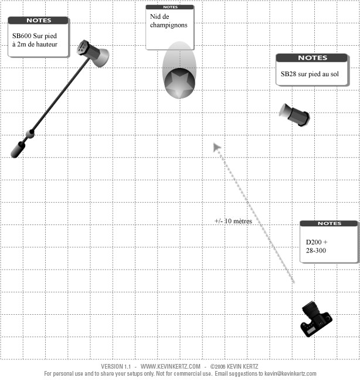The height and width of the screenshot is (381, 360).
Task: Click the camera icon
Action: point(316,319)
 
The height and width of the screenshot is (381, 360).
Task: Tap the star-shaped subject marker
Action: point(179,83)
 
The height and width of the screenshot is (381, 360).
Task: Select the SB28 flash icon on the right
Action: point(294,115)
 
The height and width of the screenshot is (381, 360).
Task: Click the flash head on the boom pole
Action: point(93,53)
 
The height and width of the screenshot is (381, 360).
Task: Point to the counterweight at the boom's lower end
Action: point(18,150)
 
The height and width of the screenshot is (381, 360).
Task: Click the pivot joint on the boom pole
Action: point(30,134)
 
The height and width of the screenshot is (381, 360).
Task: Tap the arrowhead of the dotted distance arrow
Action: point(216,147)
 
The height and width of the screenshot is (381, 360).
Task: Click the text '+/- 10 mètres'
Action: point(233,221)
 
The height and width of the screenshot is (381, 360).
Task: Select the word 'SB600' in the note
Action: point(22,36)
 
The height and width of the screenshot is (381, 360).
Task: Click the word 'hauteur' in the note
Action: point(47,44)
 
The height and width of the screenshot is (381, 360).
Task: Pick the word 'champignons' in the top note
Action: point(169,25)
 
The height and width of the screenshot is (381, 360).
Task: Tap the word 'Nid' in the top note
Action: point(155,16)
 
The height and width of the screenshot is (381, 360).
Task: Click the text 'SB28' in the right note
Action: point(288,74)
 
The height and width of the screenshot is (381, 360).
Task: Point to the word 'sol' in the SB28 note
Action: point(334,74)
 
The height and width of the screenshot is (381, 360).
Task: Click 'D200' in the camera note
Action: point(314,242)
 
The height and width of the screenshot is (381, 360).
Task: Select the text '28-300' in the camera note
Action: point(316,250)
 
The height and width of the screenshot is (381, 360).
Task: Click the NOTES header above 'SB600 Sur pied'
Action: point(39,21)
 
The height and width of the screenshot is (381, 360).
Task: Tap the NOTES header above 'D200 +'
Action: point(330,223)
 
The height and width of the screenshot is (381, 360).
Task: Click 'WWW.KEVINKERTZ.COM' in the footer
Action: point(171,366)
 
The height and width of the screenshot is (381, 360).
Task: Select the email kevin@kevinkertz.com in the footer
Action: point(290,374)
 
